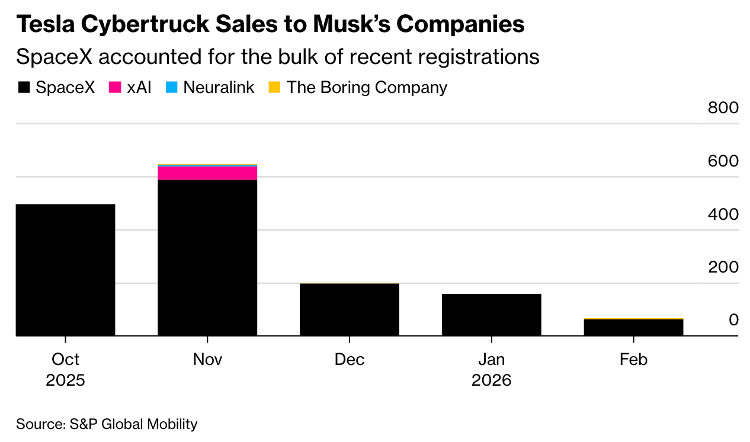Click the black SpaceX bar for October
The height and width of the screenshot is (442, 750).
coord(65,270)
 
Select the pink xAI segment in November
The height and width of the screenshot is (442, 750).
coord(207,173)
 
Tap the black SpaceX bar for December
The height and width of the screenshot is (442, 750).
coord(350,310)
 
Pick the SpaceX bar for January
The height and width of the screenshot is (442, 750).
coord(492,315)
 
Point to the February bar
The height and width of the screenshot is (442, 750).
coord(634,328)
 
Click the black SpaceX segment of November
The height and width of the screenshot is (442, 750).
coord(207,258)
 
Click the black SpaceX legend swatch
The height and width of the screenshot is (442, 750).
coord(24,88)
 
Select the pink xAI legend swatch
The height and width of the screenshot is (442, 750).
coord(115,88)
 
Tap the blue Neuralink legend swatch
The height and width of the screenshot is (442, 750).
coord(172,88)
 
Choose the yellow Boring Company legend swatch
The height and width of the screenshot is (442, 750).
coord(274,88)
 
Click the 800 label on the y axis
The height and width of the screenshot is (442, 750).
coord(723,108)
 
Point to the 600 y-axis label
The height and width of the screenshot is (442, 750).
coord(723,161)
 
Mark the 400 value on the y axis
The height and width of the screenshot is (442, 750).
coord(723,214)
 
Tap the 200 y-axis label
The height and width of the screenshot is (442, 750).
coord(723,267)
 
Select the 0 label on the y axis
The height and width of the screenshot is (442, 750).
coord(733,320)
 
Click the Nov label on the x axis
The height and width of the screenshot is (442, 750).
coord(207,360)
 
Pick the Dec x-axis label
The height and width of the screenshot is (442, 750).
coord(350,360)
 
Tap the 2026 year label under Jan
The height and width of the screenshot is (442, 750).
coord(492,380)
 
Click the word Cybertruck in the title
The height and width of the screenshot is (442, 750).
coord(157,24)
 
